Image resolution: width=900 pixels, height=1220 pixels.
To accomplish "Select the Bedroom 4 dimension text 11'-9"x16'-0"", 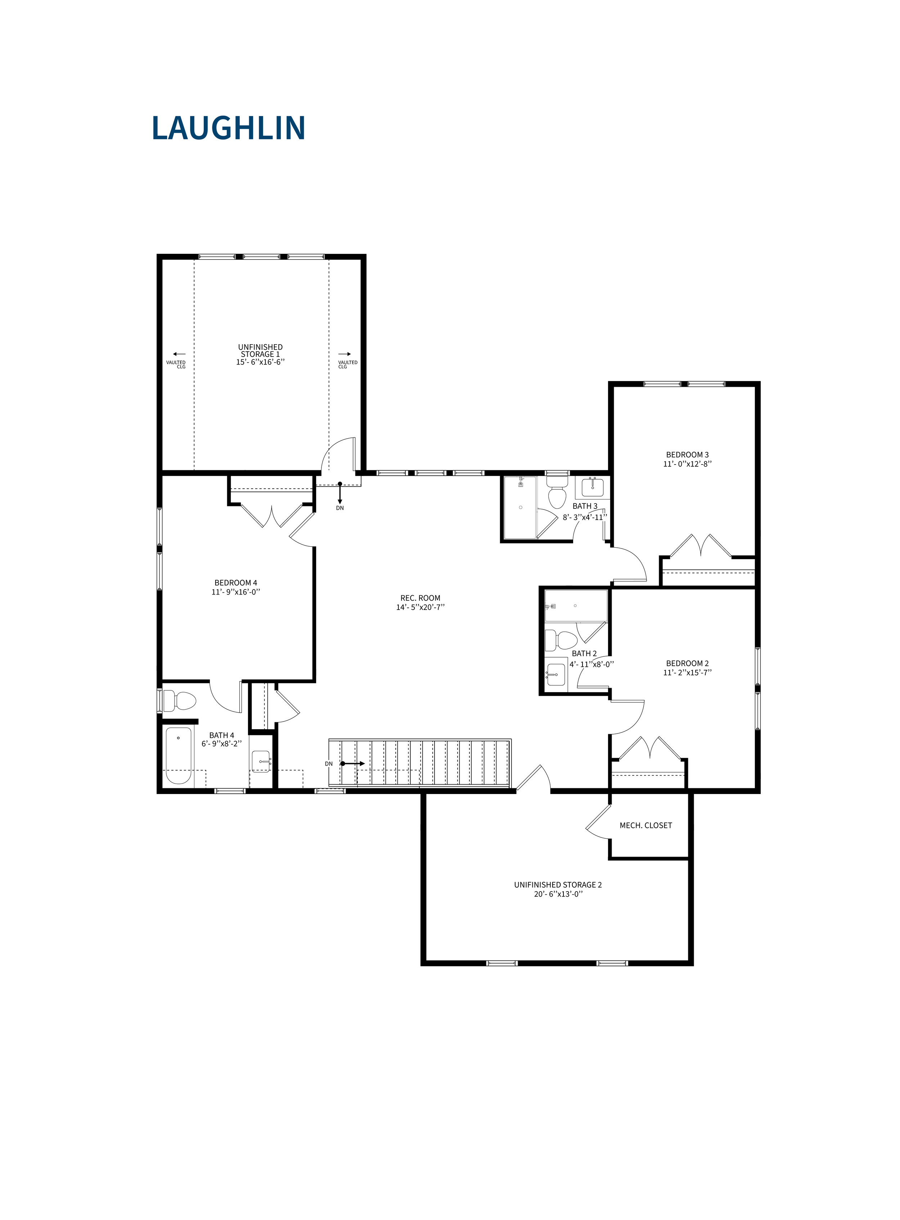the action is tap(236, 592).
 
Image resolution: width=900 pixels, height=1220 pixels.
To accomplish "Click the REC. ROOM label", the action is tap(420, 598).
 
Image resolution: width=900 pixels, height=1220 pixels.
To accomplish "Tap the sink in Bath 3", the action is tap(592, 487).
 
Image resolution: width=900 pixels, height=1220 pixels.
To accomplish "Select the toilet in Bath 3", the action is tap(557, 491).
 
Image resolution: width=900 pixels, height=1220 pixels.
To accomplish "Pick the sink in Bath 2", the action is tap(556, 674).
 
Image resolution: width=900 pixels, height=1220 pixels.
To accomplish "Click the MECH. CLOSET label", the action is tap(645, 825).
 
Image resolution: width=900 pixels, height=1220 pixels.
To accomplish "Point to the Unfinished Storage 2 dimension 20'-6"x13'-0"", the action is tap(558, 894).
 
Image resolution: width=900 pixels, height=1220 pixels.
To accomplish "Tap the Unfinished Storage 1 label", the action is tap(260, 350).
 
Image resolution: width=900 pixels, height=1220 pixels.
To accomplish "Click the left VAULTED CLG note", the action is tap(176, 364).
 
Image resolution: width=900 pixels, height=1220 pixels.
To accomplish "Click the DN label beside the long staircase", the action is tap(329, 764).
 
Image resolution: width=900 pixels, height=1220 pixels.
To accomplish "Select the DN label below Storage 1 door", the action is tap(340, 508).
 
